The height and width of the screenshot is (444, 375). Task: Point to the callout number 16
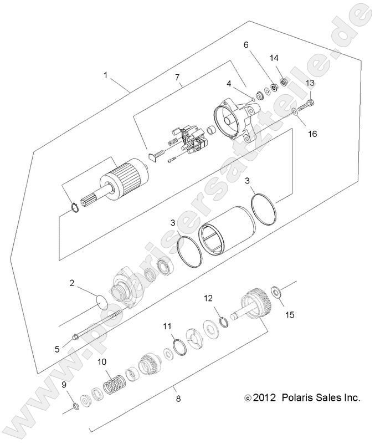[x=313, y=134]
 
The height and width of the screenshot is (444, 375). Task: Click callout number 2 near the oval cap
[x=72, y=283]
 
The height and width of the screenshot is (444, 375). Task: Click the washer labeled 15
[x=275, y=290]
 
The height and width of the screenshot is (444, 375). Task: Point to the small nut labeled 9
[x=76, y=407]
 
